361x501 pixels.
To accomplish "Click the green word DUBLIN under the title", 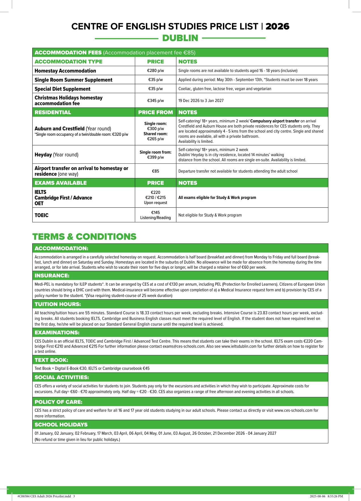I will click(x=180, y=38).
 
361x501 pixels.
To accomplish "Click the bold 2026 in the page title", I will click(x=277, y=26).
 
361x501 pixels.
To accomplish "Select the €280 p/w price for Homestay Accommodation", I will click(x=155, y=71).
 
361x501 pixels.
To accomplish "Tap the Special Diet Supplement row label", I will click(x=62, y=89).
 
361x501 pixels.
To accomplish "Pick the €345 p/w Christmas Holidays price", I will click(x=155, y=101).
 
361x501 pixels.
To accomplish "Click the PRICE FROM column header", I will click(x=155, y=112).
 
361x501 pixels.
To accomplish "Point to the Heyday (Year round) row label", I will click(x=56, y=155).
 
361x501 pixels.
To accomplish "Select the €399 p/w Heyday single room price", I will click(x=155, y=157).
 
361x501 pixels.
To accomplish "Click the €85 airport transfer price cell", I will click(x=155, y=171).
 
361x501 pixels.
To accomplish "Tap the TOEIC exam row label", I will click(x=41, y=215).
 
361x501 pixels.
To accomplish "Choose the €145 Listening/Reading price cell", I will click(x=155, y=215).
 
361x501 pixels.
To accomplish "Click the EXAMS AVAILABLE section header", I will click(x=61, y=183).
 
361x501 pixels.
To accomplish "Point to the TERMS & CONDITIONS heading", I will click(x=84, y=237).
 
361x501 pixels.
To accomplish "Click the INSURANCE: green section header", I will click(x=52, y=275).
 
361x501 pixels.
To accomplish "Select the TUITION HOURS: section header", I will click(x=58, y=304).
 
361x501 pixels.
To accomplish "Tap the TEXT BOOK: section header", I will click(x=51, y=360).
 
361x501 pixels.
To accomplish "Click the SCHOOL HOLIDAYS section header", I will click(x=61, y=424).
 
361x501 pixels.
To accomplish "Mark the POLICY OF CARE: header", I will click(x=58, y=402).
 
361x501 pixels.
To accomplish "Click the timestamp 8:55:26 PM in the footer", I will click(x=335, y=496).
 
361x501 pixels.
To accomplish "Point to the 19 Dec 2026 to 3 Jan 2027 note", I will click(x=201, y=101).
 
